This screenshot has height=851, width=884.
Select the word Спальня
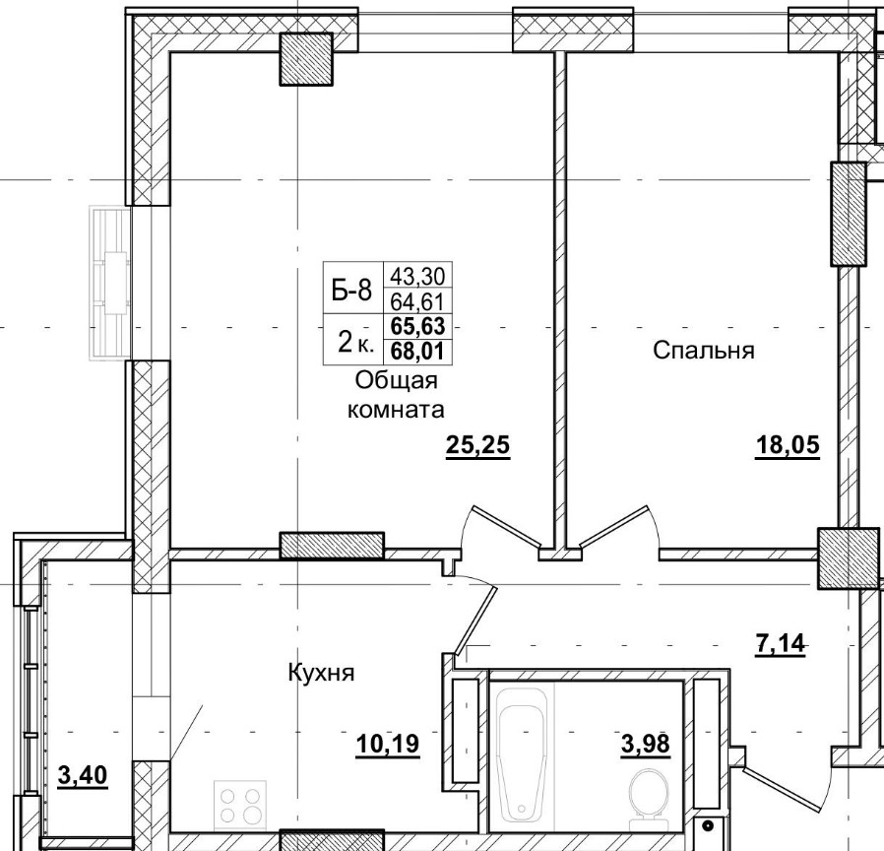pos(704,350)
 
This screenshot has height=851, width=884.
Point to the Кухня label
pos(321,674)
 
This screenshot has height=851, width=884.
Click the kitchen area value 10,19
pos(388,744)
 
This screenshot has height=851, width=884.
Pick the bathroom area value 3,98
pos(646,744)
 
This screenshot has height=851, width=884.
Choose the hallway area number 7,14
pos(781,644)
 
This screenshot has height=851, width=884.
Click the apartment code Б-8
pos(351,290)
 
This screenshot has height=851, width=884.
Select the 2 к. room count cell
pos(354,341)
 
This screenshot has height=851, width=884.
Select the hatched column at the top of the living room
pos(308,59)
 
